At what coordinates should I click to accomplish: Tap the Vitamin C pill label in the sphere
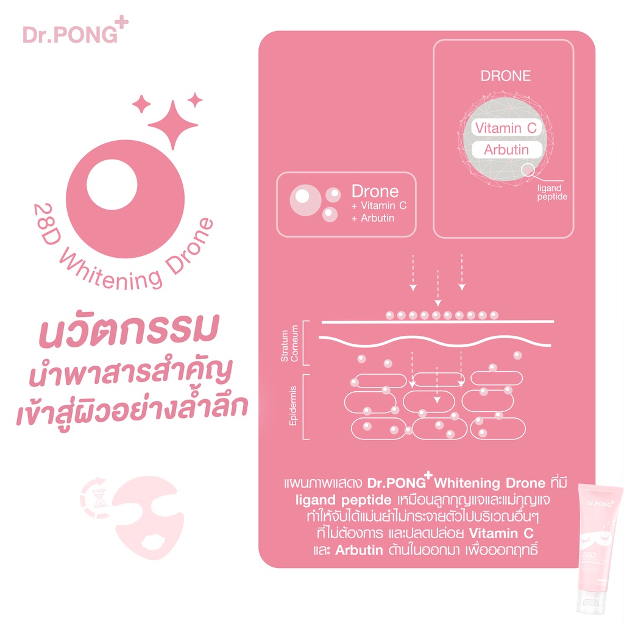point(506,128)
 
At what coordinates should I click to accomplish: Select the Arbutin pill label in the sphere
point(506,150)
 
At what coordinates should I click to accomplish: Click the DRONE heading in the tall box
point(506,76)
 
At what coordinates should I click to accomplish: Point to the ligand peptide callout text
point(552,193)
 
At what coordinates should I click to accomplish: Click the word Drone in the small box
point(375,191)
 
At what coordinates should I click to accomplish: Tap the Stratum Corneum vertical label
point(289,347)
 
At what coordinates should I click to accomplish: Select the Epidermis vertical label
point(293,405)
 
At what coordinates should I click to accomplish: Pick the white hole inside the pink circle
point(113,183)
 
